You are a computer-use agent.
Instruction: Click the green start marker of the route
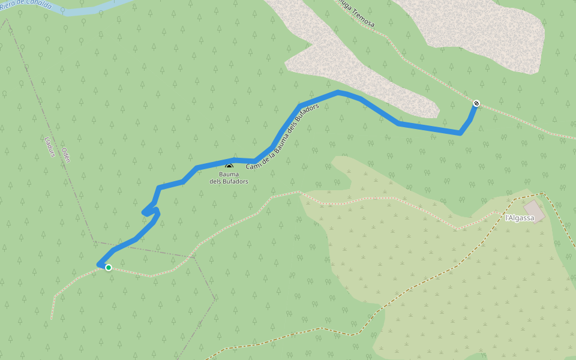[x=109, y=268]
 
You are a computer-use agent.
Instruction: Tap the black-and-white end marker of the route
[x=476, y=103]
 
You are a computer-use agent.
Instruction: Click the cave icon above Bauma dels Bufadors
[x=229, y=166]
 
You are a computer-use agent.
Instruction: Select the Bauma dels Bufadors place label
[x=233, y=178]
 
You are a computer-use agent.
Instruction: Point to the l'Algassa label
[x=519, y=218]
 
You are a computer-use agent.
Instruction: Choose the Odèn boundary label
[x=66, y=155]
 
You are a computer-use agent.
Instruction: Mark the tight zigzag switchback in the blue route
[x=149, y=212]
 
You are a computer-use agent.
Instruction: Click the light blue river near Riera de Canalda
[x=90, y=11]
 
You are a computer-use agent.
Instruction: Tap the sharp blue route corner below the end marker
[x=460, y=133]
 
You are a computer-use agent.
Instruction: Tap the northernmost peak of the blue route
[x=338, y=92]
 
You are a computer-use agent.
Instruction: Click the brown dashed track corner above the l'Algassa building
[x=542, y=193]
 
